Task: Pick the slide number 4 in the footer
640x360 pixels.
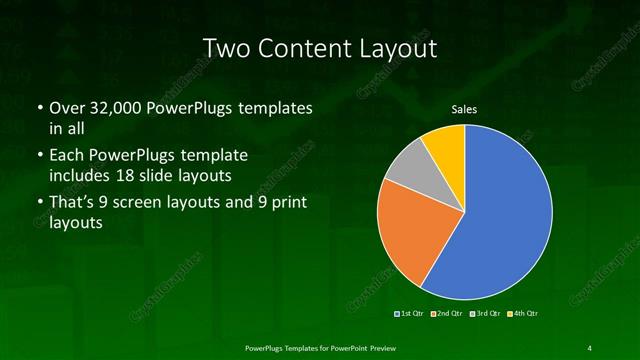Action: click(x=590, y=347)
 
